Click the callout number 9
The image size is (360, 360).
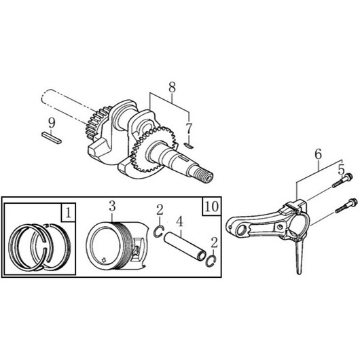pos(52,123)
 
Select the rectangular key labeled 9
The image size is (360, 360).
pos(52,138)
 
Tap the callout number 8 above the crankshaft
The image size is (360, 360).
pos(172,87)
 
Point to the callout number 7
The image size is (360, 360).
pos(189,129)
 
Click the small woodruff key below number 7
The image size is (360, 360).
pos(190,145)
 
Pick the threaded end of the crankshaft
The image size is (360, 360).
pos(202,177)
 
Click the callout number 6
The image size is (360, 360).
pos(318,154)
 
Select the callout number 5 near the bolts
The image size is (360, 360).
pos(342,170)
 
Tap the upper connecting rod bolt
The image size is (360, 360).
pos(342,181)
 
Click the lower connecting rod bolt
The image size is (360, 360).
pos(346,206)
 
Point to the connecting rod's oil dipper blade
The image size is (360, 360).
pos(298,257)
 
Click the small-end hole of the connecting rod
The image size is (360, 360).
pos(241,230)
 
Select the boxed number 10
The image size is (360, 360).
pos(212,206)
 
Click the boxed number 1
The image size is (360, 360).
pos(68,213)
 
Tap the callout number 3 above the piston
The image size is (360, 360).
pos(112,206)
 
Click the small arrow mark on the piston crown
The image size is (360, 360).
pos(103,259)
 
